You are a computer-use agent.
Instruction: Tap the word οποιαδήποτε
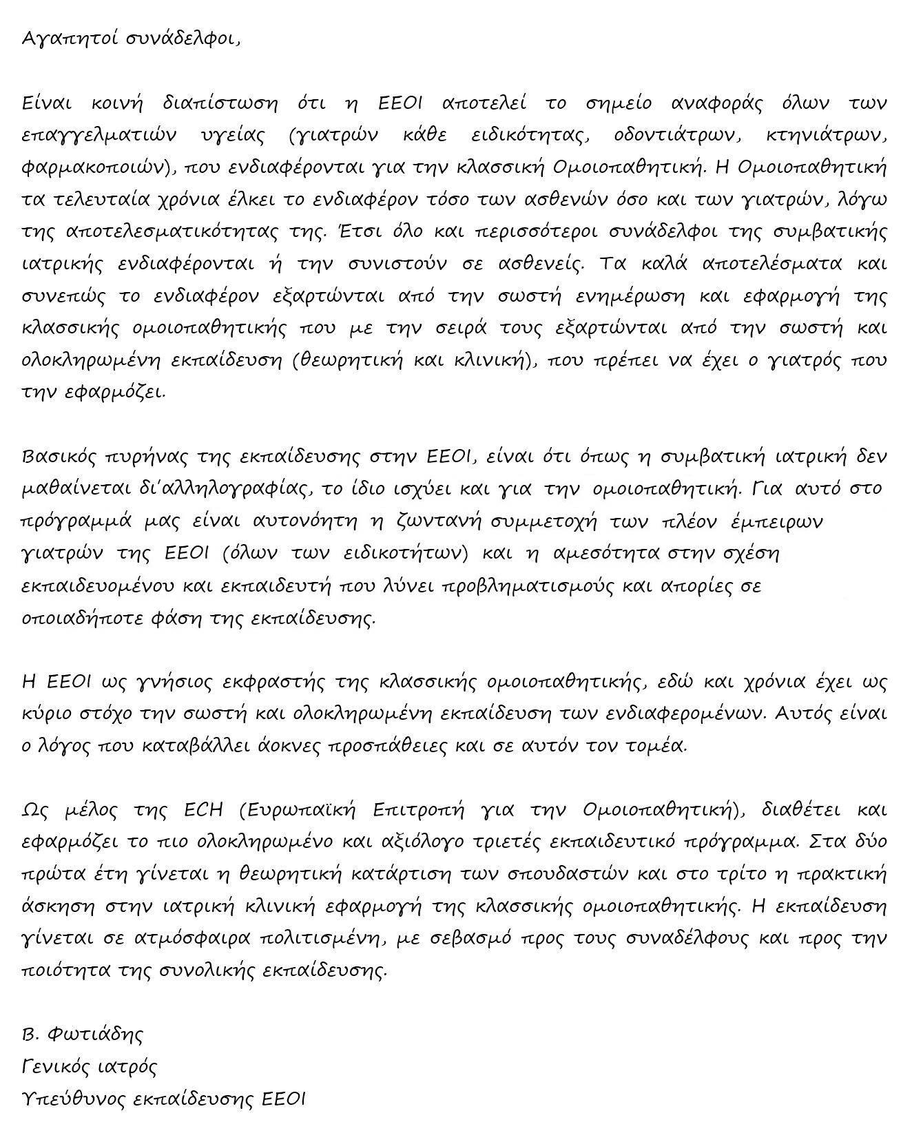coord(82,618)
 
